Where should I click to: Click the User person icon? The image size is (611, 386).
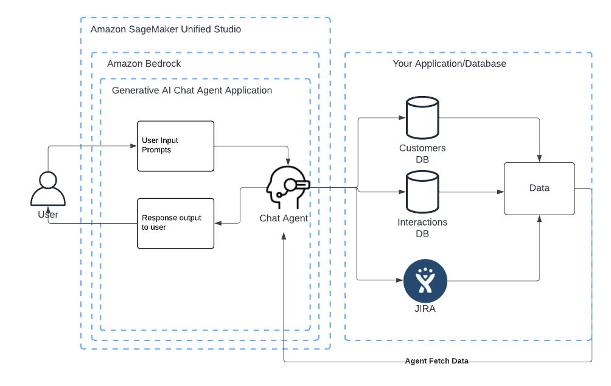pos(47,189)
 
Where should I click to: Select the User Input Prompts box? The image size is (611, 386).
pos(175,146)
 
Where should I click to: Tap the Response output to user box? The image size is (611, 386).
pos(175,223)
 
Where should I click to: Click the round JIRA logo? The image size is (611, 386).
pos(425,281)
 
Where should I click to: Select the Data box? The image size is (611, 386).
pos(539,188)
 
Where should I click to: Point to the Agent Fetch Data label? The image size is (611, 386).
pos(437,361)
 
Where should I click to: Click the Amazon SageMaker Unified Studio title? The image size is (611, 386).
pos(166,29)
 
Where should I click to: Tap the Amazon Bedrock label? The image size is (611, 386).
pos(144,64)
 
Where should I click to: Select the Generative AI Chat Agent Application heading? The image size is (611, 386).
pos(192,91)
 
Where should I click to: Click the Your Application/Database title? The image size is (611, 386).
pos(449,64)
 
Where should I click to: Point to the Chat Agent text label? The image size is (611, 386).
pos(284,218)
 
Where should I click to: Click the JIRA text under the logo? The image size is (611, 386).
pos(425,309)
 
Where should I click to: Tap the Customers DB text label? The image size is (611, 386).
pos(422,153)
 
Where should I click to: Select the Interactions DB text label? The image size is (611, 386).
pos(422,227)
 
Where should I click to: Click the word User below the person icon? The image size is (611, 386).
pos(48,215)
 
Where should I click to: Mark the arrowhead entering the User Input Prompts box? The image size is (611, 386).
pos(133,146)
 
